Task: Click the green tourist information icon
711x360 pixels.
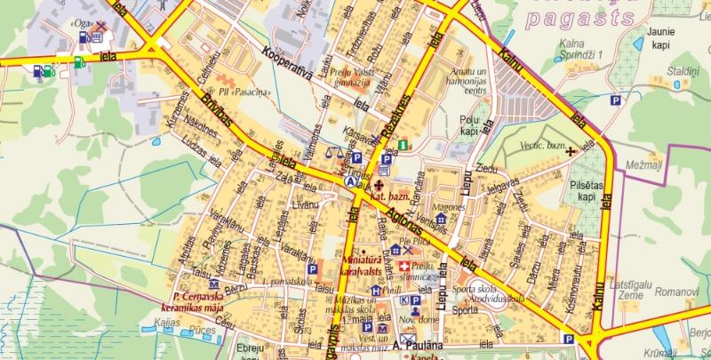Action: (x=403, y=145)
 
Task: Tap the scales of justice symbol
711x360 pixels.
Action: (x=335, y=152)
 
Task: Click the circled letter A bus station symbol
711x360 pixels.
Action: (x=350, y=180)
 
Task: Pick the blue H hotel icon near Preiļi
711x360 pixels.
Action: (x=376, y=291)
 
